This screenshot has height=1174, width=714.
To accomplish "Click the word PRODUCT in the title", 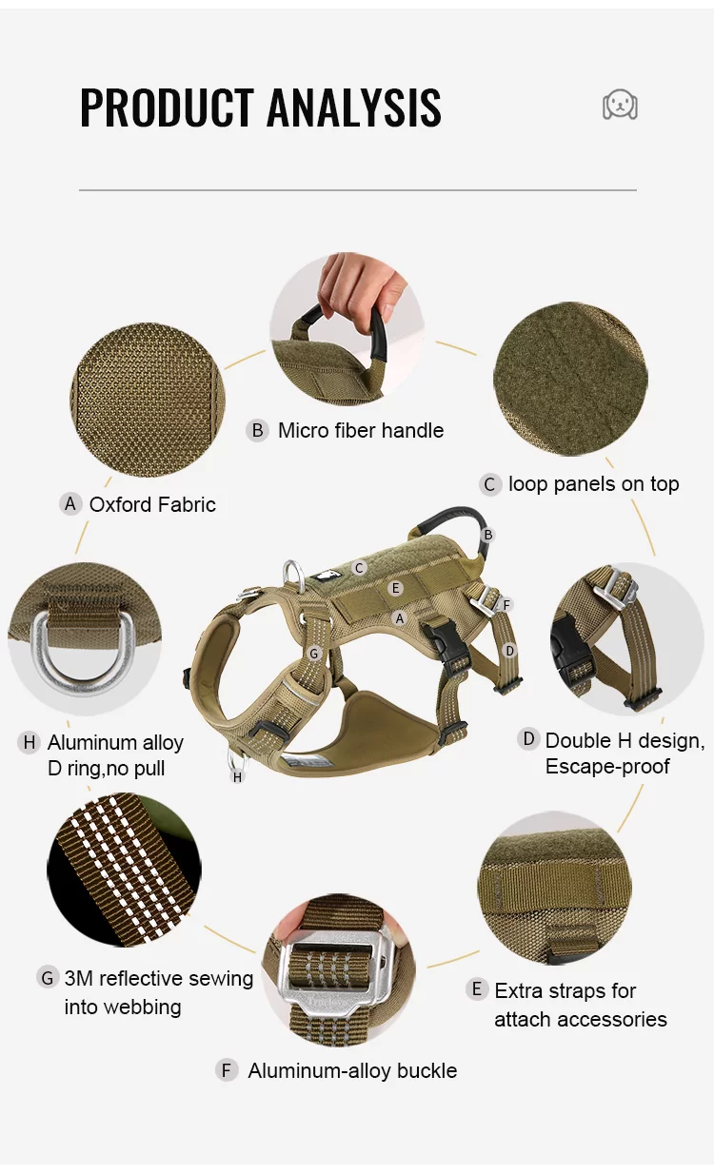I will [x=167, y=108].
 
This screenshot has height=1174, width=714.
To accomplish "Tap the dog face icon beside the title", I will [x=620, y=105].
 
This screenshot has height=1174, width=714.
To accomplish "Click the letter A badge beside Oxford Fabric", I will [x=69, y=504].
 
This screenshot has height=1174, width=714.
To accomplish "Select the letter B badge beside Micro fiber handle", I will [x=257, y=430].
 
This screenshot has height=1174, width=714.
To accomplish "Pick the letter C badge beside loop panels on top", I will [x=489, y=484].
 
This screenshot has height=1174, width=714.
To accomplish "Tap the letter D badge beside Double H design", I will [x=528, y=739].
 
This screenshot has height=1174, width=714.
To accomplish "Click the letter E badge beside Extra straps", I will [x=477, y=990].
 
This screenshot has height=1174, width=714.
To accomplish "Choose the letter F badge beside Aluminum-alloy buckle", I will [x=227, y=1070].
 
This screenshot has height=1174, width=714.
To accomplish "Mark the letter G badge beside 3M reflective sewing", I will [x=48, y=978].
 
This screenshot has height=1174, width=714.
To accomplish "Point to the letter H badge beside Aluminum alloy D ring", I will [x=29, y=742].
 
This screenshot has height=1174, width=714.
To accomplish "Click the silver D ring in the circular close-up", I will [x=69, y=647].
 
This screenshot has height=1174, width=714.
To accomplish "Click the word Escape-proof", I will [x=607, y=767].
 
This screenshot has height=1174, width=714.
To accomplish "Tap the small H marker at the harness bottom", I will [x=237, y=777].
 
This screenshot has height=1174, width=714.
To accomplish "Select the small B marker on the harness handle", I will [x=488, y=536].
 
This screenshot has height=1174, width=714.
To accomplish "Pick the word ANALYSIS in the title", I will [x=354, y=108].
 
